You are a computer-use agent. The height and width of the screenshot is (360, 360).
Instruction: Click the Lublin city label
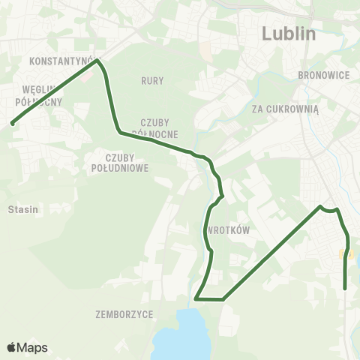289,34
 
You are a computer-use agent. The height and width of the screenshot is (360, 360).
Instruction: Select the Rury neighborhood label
152,80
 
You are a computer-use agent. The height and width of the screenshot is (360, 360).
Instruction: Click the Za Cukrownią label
286,109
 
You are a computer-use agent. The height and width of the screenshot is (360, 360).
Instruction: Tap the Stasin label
23,209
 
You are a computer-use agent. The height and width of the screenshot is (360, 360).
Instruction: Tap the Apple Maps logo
27,347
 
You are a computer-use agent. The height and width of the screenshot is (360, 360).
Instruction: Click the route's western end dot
13,124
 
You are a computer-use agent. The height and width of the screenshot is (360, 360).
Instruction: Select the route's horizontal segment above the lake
209,299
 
